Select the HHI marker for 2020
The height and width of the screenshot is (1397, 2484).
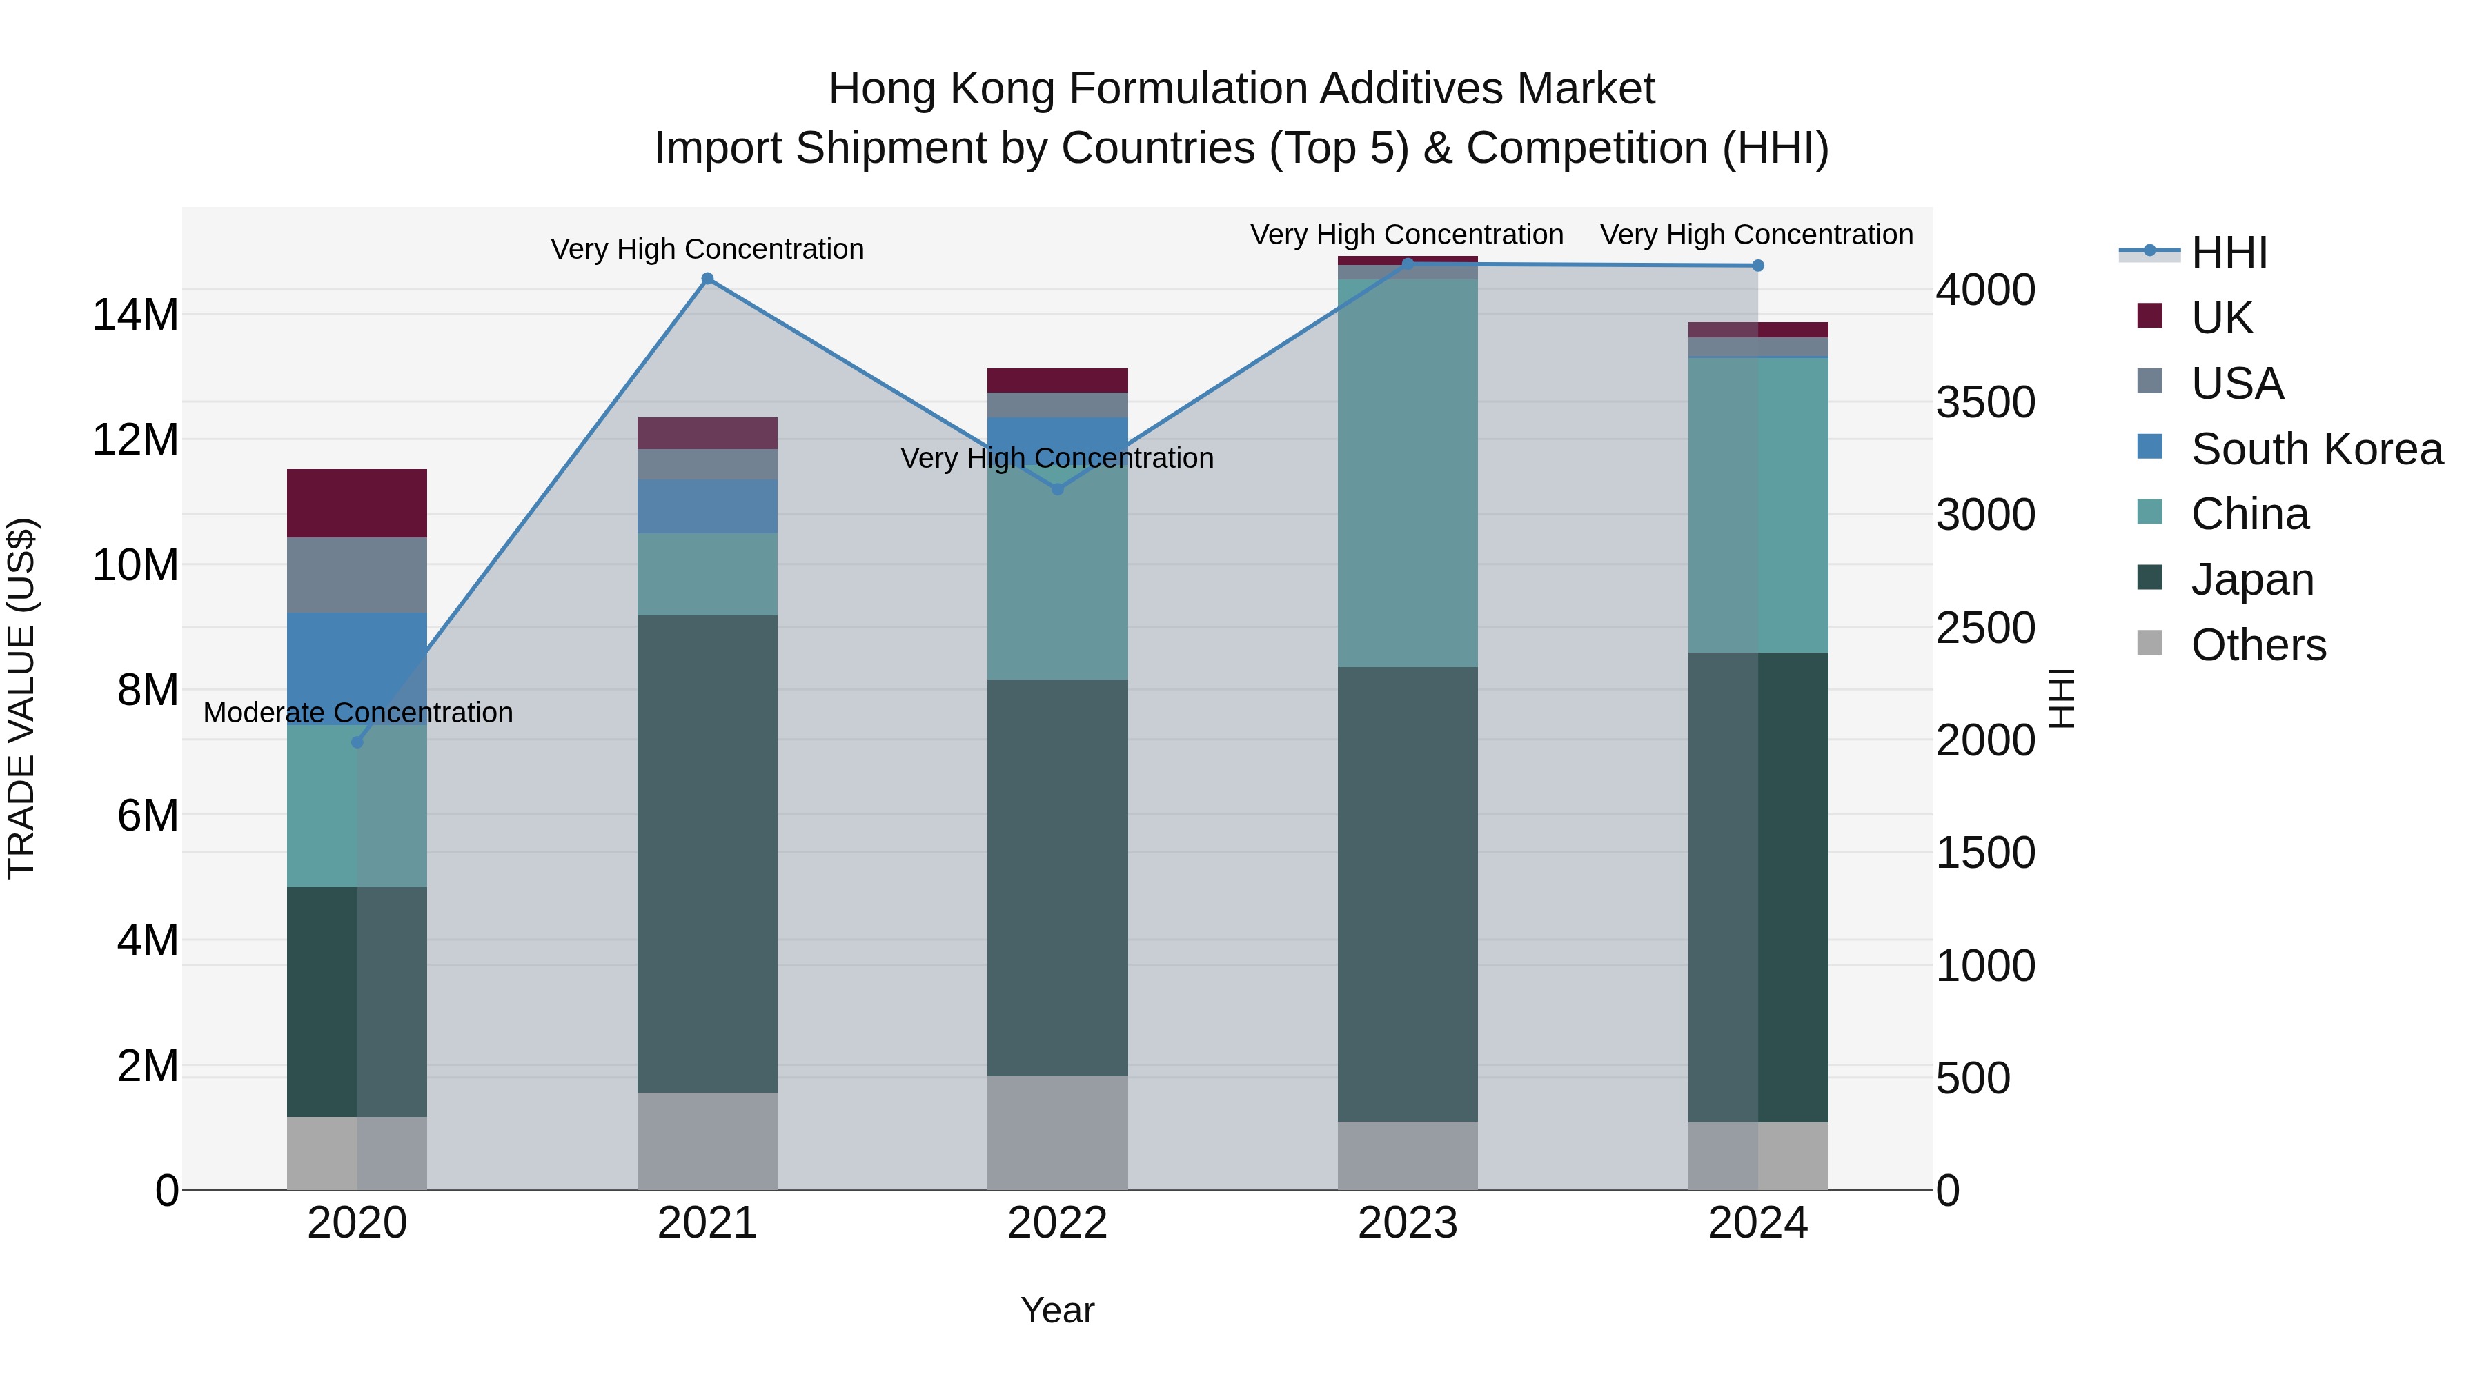pos(357,742)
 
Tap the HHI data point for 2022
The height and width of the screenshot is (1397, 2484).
pos(1057,489)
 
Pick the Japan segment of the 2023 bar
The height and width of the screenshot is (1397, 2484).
pos(1407,893)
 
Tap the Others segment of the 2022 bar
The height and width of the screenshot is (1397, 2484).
pos(1057,1132)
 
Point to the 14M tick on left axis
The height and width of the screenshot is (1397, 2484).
pos(135,315)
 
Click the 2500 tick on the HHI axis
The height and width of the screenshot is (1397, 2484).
pos(1984,628)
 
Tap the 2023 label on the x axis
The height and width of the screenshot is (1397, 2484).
pos(1407,1223)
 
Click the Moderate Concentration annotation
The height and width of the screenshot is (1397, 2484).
pos(357,713)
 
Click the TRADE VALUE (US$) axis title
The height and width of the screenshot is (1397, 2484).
pos(21,698)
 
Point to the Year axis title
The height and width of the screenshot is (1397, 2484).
pos(1057,1310)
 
